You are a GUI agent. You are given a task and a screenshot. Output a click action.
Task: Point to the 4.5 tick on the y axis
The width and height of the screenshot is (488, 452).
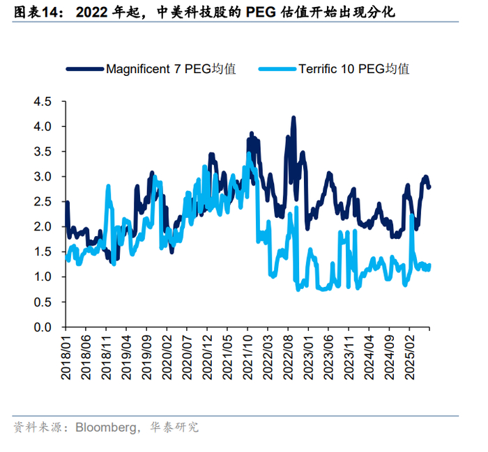43,102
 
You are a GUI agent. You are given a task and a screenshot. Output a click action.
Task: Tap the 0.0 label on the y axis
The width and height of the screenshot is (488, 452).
43,327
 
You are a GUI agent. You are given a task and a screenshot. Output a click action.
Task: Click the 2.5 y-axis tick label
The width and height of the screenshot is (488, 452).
43,202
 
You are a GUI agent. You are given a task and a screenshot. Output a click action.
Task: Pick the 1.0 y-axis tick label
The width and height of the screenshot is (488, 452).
43,277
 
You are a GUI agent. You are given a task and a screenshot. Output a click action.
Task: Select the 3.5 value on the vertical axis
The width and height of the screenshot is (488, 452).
43,152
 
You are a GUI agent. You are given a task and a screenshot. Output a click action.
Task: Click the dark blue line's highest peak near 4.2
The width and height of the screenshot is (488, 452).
293,118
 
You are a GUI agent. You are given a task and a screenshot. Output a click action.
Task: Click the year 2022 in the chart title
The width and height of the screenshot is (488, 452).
93,12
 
